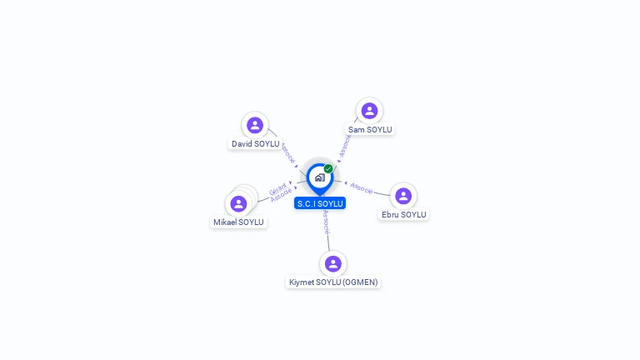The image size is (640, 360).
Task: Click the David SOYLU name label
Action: click(x=255, y=144)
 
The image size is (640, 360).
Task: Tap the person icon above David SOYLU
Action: click(x=255, y=125)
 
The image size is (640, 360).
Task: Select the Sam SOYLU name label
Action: click(x=369, y=129)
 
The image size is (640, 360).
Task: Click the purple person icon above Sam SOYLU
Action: click(x=369, y=111)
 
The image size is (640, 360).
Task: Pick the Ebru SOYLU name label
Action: click(x=403, y=214)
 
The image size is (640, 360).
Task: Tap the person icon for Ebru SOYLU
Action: click(x=403, y=196)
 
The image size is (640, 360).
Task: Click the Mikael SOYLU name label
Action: click(x=238, y=222)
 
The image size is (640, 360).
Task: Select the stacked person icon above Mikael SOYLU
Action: click(x=239, y=203)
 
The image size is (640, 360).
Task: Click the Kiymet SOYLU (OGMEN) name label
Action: click(x=332, y=282)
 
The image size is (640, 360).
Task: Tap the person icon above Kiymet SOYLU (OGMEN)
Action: click(x=333, y=263)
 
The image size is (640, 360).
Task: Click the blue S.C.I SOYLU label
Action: click(x=320, y=203)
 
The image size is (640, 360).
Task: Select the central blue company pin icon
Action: click(x=319, y=177)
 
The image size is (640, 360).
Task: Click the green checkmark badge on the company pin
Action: click(x=328, y=169)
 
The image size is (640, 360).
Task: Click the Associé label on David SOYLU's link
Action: click(x=287, y=153)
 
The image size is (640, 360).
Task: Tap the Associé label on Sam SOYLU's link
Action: click(x=345, y=147)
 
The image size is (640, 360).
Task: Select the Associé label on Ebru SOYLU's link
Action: click(x=362, y=187)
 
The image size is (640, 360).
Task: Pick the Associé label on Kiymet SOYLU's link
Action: click(x=326, y=222)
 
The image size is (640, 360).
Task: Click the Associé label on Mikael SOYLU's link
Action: click(x=282, y=196)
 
